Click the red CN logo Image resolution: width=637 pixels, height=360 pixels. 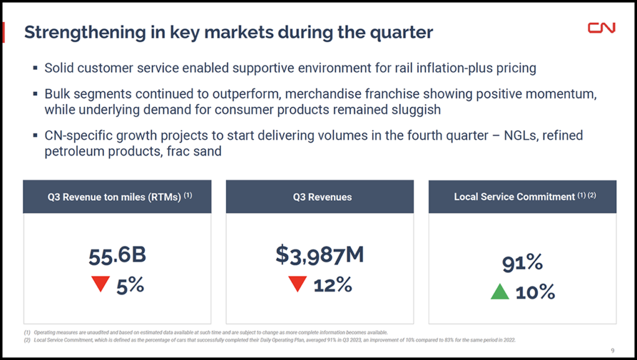602,28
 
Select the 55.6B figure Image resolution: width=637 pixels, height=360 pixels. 117,256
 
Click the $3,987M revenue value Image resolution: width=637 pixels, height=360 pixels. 320,254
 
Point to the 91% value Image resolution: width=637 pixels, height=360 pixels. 523,263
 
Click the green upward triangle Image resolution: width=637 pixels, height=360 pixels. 500,291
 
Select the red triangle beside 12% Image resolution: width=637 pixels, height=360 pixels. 298,285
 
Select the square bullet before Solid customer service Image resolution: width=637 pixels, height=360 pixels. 35,68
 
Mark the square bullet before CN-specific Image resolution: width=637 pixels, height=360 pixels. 35,136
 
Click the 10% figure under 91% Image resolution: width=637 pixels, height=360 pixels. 535,292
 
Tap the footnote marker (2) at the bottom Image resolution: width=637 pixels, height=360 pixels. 27,340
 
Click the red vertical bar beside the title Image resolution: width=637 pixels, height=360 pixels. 4,32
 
